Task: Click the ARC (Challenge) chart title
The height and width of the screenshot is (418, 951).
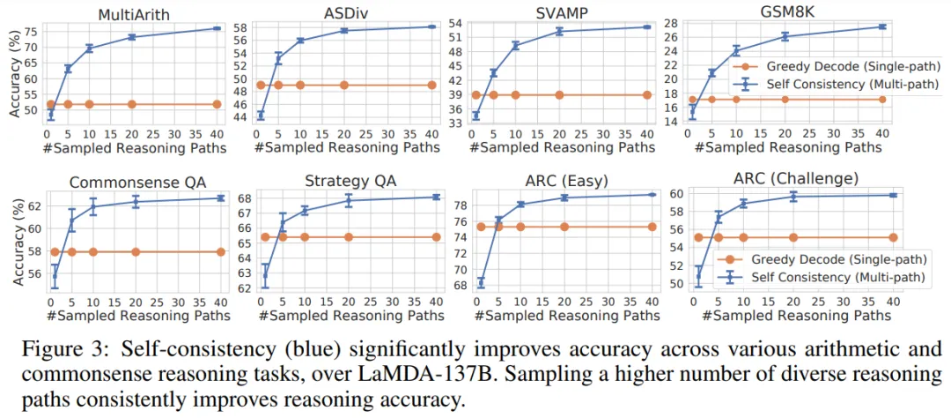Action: (795, 179)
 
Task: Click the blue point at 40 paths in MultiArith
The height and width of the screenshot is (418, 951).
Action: (217, 28)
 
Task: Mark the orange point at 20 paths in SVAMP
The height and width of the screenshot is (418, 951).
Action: (558, 94)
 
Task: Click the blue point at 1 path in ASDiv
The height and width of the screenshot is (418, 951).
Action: (261, 116)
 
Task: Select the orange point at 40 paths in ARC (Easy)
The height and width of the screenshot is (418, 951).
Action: (652, 227)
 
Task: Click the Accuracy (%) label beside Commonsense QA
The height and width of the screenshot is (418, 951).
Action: (18, 239)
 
